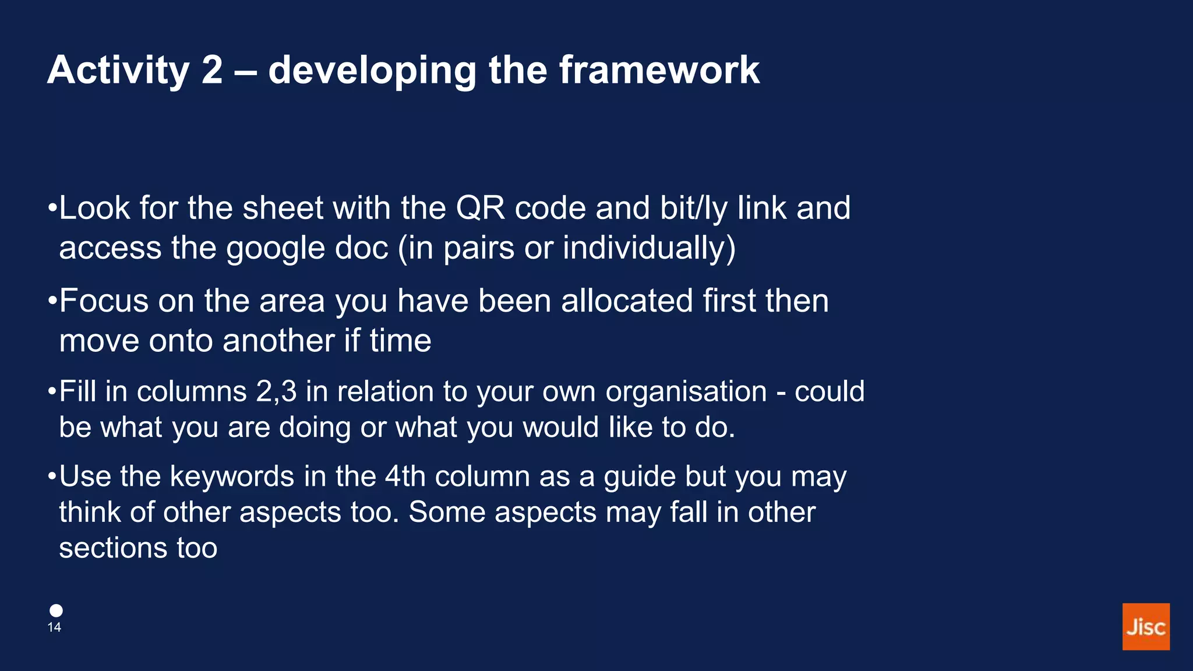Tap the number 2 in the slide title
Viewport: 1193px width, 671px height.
point(212,70)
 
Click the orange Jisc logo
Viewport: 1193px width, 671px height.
point(1145,626)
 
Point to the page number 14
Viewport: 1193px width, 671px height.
point(54,627)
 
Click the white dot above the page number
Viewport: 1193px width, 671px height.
point(56,610)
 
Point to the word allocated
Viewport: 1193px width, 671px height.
point(627,301)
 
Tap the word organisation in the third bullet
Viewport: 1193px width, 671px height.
point(686,391)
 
